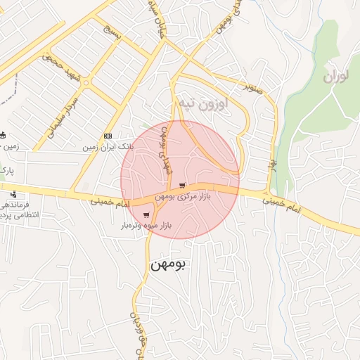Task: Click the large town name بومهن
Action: pos(169,265)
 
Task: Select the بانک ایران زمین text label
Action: pos(108,148)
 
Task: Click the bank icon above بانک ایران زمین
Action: pos(108,136)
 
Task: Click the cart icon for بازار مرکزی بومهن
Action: pos(183,186)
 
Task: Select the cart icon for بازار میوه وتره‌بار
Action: pos(146,215)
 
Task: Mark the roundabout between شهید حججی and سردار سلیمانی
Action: pos(86,83)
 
